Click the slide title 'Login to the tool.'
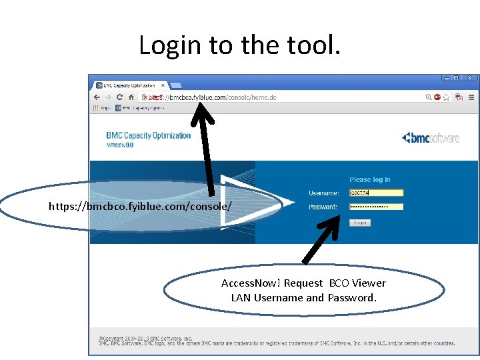point(239,45)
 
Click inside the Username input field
point(377,193)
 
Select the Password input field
point(377,207)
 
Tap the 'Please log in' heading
point(370,179)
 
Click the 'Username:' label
point(323,193)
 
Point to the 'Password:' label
point(323,207)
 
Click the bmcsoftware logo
point(431,138)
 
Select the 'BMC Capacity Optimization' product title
point(149,136)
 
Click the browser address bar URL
point(220,97)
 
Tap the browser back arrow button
point(97,97)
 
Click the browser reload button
point(120,97)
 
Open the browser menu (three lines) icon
point(471,97)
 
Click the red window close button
point(470,78)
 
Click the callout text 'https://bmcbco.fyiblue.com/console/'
point(141,207)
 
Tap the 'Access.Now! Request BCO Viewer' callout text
point(303,283)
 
